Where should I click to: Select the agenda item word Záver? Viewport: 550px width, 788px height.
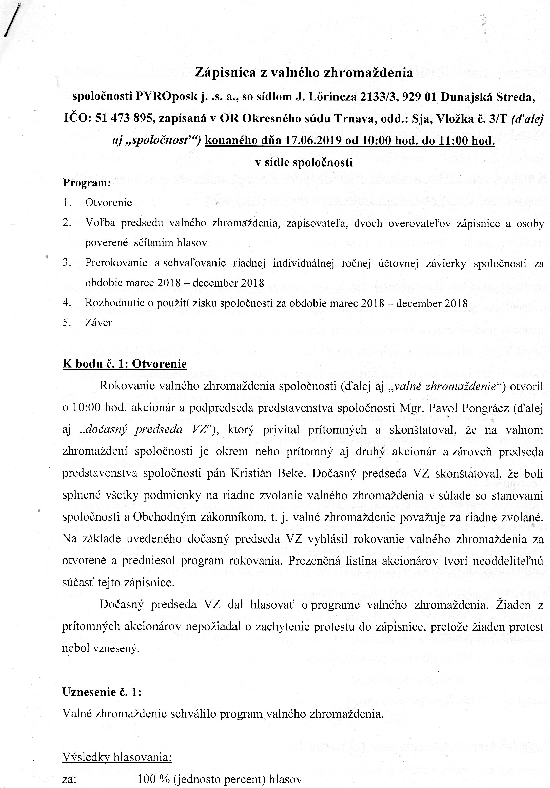pos(99,323)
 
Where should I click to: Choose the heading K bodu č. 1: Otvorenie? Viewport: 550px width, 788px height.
pos(124,364)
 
